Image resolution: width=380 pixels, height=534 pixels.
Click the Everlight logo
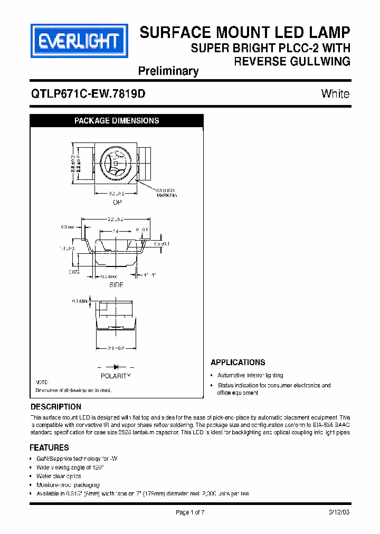[x=80, y=41]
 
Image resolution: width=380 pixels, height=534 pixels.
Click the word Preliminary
[x=168, y=71]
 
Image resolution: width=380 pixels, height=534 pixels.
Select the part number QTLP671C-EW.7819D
[x=88, y=94]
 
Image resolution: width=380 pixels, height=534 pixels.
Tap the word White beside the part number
[x=335, y=94]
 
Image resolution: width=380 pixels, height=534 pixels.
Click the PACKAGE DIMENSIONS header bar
[x=117, y=121]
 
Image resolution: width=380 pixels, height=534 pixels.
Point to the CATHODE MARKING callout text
[x=166, y=193]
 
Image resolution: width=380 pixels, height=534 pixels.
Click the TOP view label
[x=117, y=202]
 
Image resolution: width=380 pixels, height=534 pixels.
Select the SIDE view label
[x=116, y=284]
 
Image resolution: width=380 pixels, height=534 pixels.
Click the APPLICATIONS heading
[x=237, y=363]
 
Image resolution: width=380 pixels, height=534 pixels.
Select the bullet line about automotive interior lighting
[x=250, y=375]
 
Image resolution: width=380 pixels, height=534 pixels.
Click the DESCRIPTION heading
[x=56, y=407]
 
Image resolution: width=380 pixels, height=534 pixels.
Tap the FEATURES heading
[x=50, y=447]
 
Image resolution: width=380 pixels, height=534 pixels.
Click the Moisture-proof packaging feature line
[x=68, y=484]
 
